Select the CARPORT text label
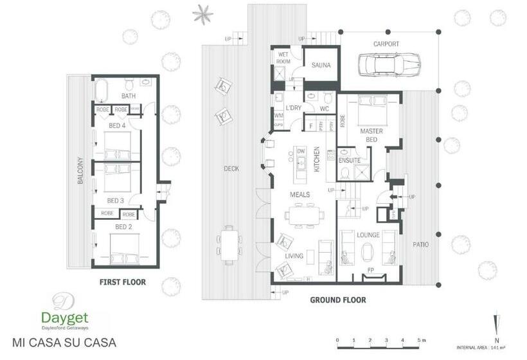point(386,44)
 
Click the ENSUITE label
point(350,159)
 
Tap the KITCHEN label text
point(317,158)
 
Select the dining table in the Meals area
point(301,215)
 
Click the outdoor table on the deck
point(229,244)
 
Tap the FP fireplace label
point(370,271)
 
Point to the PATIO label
point(422,245)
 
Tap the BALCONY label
point(80,170)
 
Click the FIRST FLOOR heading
point(122,282)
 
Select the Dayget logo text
point(64,318)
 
